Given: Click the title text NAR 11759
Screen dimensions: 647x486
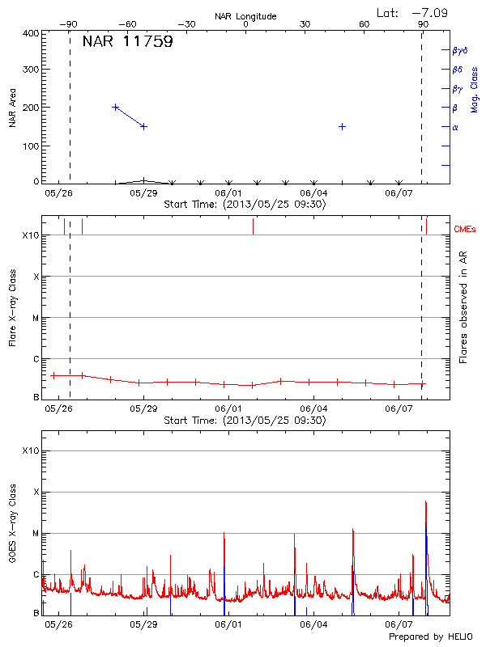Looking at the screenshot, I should [x=127, y=42].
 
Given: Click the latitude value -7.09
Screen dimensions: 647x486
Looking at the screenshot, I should [x=431, y=12].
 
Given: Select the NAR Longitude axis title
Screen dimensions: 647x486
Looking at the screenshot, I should [x=245, y=16].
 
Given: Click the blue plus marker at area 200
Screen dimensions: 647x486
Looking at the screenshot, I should [x=116, y=107].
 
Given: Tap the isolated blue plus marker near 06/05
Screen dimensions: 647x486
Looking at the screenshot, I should [x=343, y=126].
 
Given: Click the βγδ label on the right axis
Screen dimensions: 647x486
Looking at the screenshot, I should [x=460, y=50].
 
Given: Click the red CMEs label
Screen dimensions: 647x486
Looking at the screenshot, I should [x=466, y=230].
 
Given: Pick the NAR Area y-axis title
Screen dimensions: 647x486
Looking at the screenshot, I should [x=13, y=108].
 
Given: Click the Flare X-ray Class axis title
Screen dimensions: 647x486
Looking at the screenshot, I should [x=13, y=308].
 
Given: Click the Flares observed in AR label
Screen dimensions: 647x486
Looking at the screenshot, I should [x=463, y=308].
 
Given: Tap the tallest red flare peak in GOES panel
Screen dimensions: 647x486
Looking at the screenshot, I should [x=426, y=502].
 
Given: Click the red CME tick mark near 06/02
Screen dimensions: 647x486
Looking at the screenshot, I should [x=253, y=226].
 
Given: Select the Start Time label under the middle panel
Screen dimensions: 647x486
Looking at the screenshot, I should [x=245, y=421].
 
